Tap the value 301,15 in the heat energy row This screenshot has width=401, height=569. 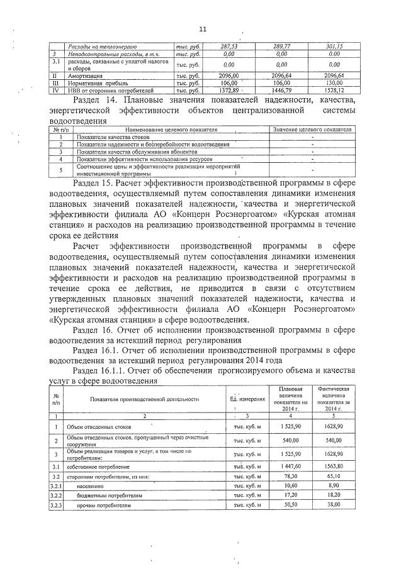click(333, 47)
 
